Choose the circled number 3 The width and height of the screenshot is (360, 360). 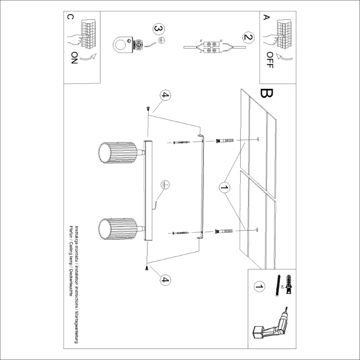159,30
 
